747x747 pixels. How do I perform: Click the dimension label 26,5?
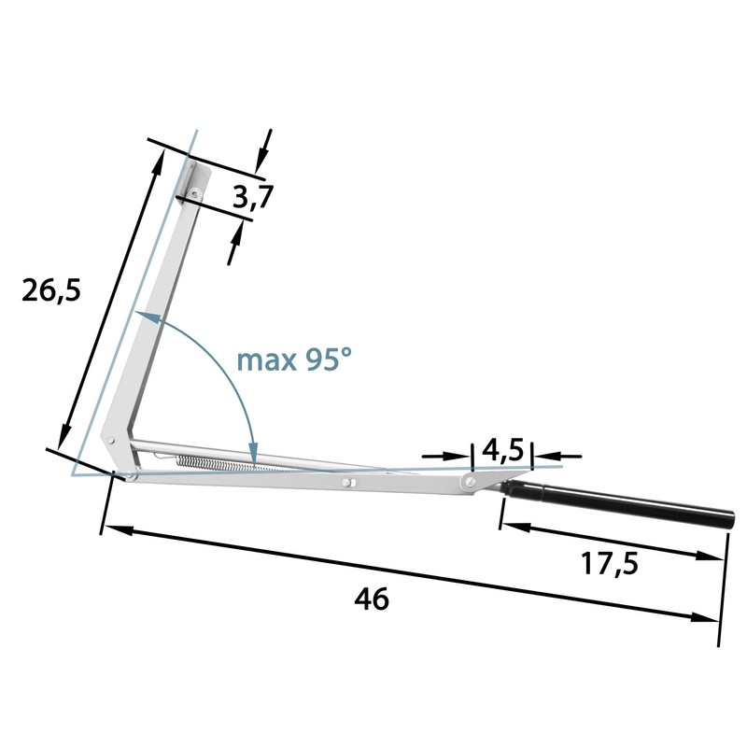coord(51,290)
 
